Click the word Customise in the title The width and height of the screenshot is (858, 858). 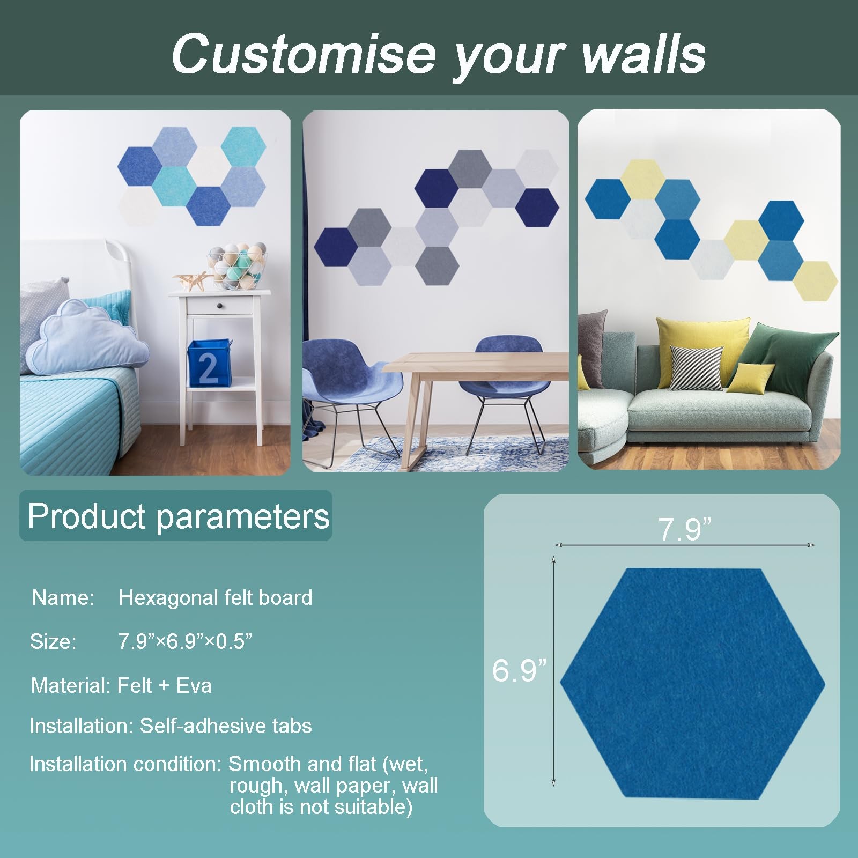click(303, 53)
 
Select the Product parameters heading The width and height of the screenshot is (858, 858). click(179, 516)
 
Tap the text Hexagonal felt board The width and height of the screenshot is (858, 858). click(216, 597)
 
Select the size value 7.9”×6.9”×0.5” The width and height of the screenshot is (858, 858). click(185, 641)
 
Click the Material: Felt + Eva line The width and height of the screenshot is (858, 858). click(121, 685)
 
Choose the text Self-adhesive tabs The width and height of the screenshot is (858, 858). click(226, 726)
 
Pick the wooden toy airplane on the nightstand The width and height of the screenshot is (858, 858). click(190, 281)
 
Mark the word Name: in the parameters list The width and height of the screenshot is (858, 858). click(63, 597)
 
